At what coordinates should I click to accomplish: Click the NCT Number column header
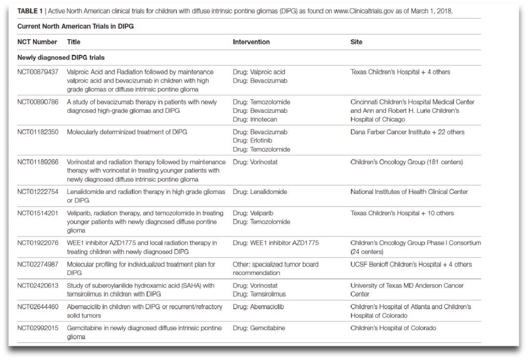[x=37, y=42]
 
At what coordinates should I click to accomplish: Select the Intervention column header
[x=251, y=42]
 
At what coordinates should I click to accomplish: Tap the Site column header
[x=356, y=42]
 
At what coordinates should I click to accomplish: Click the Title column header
[x=74, y=42]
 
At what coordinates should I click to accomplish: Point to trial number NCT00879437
[x=38, y=72]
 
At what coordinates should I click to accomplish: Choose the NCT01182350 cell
[x=38, y=132]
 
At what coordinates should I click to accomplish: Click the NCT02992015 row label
[x=38, y=328]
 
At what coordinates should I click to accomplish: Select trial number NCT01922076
[x=38, y=243]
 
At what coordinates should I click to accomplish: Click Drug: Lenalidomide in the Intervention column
[x=260, y=192]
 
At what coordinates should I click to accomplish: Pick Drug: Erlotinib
[x=253, y=141]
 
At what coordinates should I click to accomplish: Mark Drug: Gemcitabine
[x=259, y=328]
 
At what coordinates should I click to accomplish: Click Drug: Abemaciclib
[x=258, y=307]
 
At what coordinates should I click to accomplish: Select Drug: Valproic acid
[x=259, y=72]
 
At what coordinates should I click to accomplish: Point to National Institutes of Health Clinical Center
[x=409, y=192]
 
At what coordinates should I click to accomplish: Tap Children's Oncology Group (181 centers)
[x=406, y=162]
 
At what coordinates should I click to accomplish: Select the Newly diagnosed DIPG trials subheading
[x=61, y=58]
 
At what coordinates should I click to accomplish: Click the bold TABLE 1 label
[x=30, y=11]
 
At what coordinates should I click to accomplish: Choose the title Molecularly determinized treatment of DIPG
[x=127, y=132]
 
